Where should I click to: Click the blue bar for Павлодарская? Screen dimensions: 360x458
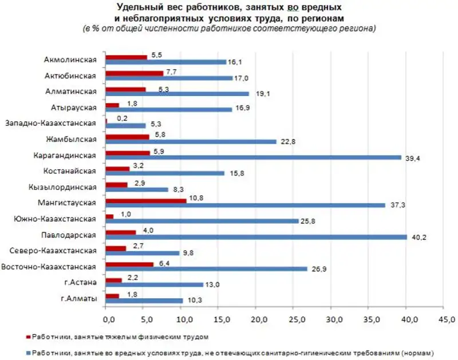coord(256,237)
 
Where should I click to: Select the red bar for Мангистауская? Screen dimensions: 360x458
coord(147,200)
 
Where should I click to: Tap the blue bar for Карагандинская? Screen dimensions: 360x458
coord(254,157)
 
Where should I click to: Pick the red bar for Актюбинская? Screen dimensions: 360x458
coord(135,73)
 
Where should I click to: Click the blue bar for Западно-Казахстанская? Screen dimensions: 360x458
coord(126,125)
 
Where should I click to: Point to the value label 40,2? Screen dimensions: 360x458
coord(416,237)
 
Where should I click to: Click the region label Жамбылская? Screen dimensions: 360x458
coord(72,139)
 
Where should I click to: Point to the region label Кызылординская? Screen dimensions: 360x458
coord(63,187)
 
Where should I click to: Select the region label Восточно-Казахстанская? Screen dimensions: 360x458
coord(50,266)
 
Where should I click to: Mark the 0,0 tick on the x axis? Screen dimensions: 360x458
coord(106,317)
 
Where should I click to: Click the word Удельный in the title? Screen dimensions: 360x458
coord(137,7)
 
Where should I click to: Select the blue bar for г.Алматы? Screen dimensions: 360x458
coord(145,300)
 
